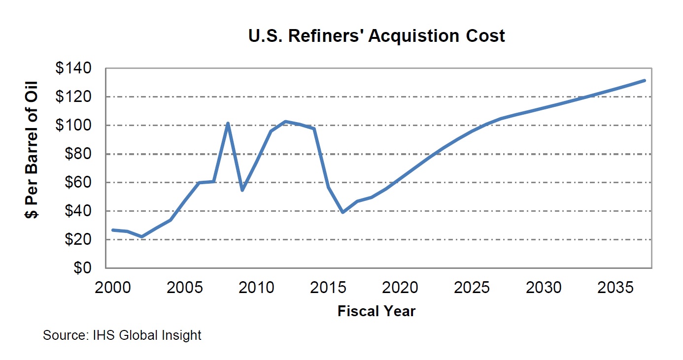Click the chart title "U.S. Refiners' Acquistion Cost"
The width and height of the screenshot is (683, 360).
coord(376,36)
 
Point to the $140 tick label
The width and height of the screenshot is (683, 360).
coord(74,68)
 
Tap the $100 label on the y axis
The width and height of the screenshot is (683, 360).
coord(74,126)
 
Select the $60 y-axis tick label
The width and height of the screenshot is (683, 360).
coord(78,183)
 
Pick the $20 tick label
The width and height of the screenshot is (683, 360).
coord(78,240)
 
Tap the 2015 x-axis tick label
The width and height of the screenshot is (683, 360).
coord(328,287)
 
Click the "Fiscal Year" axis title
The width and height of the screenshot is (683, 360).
coord(376,311)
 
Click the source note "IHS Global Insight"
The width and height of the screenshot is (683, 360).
coord(122,336)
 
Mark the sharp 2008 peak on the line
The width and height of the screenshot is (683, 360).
coord(228,123)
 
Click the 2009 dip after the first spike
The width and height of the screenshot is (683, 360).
coord(242,190)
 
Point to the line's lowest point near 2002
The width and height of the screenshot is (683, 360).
coord(142,237)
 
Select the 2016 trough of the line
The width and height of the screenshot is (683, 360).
coord(342,212)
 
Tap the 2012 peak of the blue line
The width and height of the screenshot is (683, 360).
coord(285,121)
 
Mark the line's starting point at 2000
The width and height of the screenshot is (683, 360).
coord(113,230)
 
